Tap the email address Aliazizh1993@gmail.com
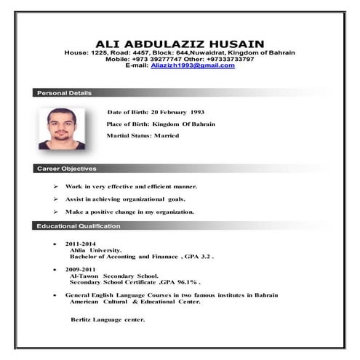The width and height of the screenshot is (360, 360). (193, 65)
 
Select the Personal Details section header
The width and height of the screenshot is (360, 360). (65, 93)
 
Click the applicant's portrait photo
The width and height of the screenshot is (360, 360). (62, 129)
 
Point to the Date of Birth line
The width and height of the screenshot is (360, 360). (156, 113)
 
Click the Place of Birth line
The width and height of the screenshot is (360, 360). (160, 124)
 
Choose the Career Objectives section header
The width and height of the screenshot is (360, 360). (66, 169)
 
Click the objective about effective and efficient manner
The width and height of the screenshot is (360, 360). (131, 187)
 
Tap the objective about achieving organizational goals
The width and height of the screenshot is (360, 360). (125, 199)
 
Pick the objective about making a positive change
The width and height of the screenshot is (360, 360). (129, 212)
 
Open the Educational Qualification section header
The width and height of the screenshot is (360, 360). (79, 226)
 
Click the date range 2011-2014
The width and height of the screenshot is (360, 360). (80, 244)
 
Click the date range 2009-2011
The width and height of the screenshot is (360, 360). (80, 270)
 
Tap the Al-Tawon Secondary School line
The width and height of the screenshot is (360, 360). (113, 276)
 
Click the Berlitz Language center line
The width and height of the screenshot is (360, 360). (108, 319)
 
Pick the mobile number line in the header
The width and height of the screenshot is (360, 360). (180, 59)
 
